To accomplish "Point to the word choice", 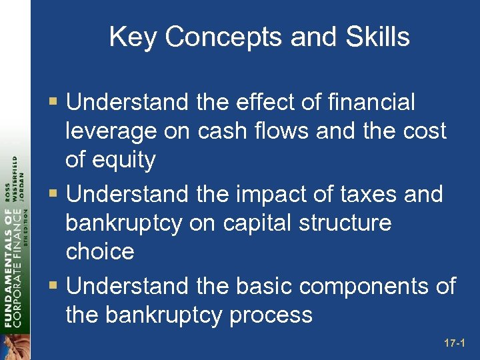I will tap(100, 251).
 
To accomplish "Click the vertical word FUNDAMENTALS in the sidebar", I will tap(8, 270).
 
